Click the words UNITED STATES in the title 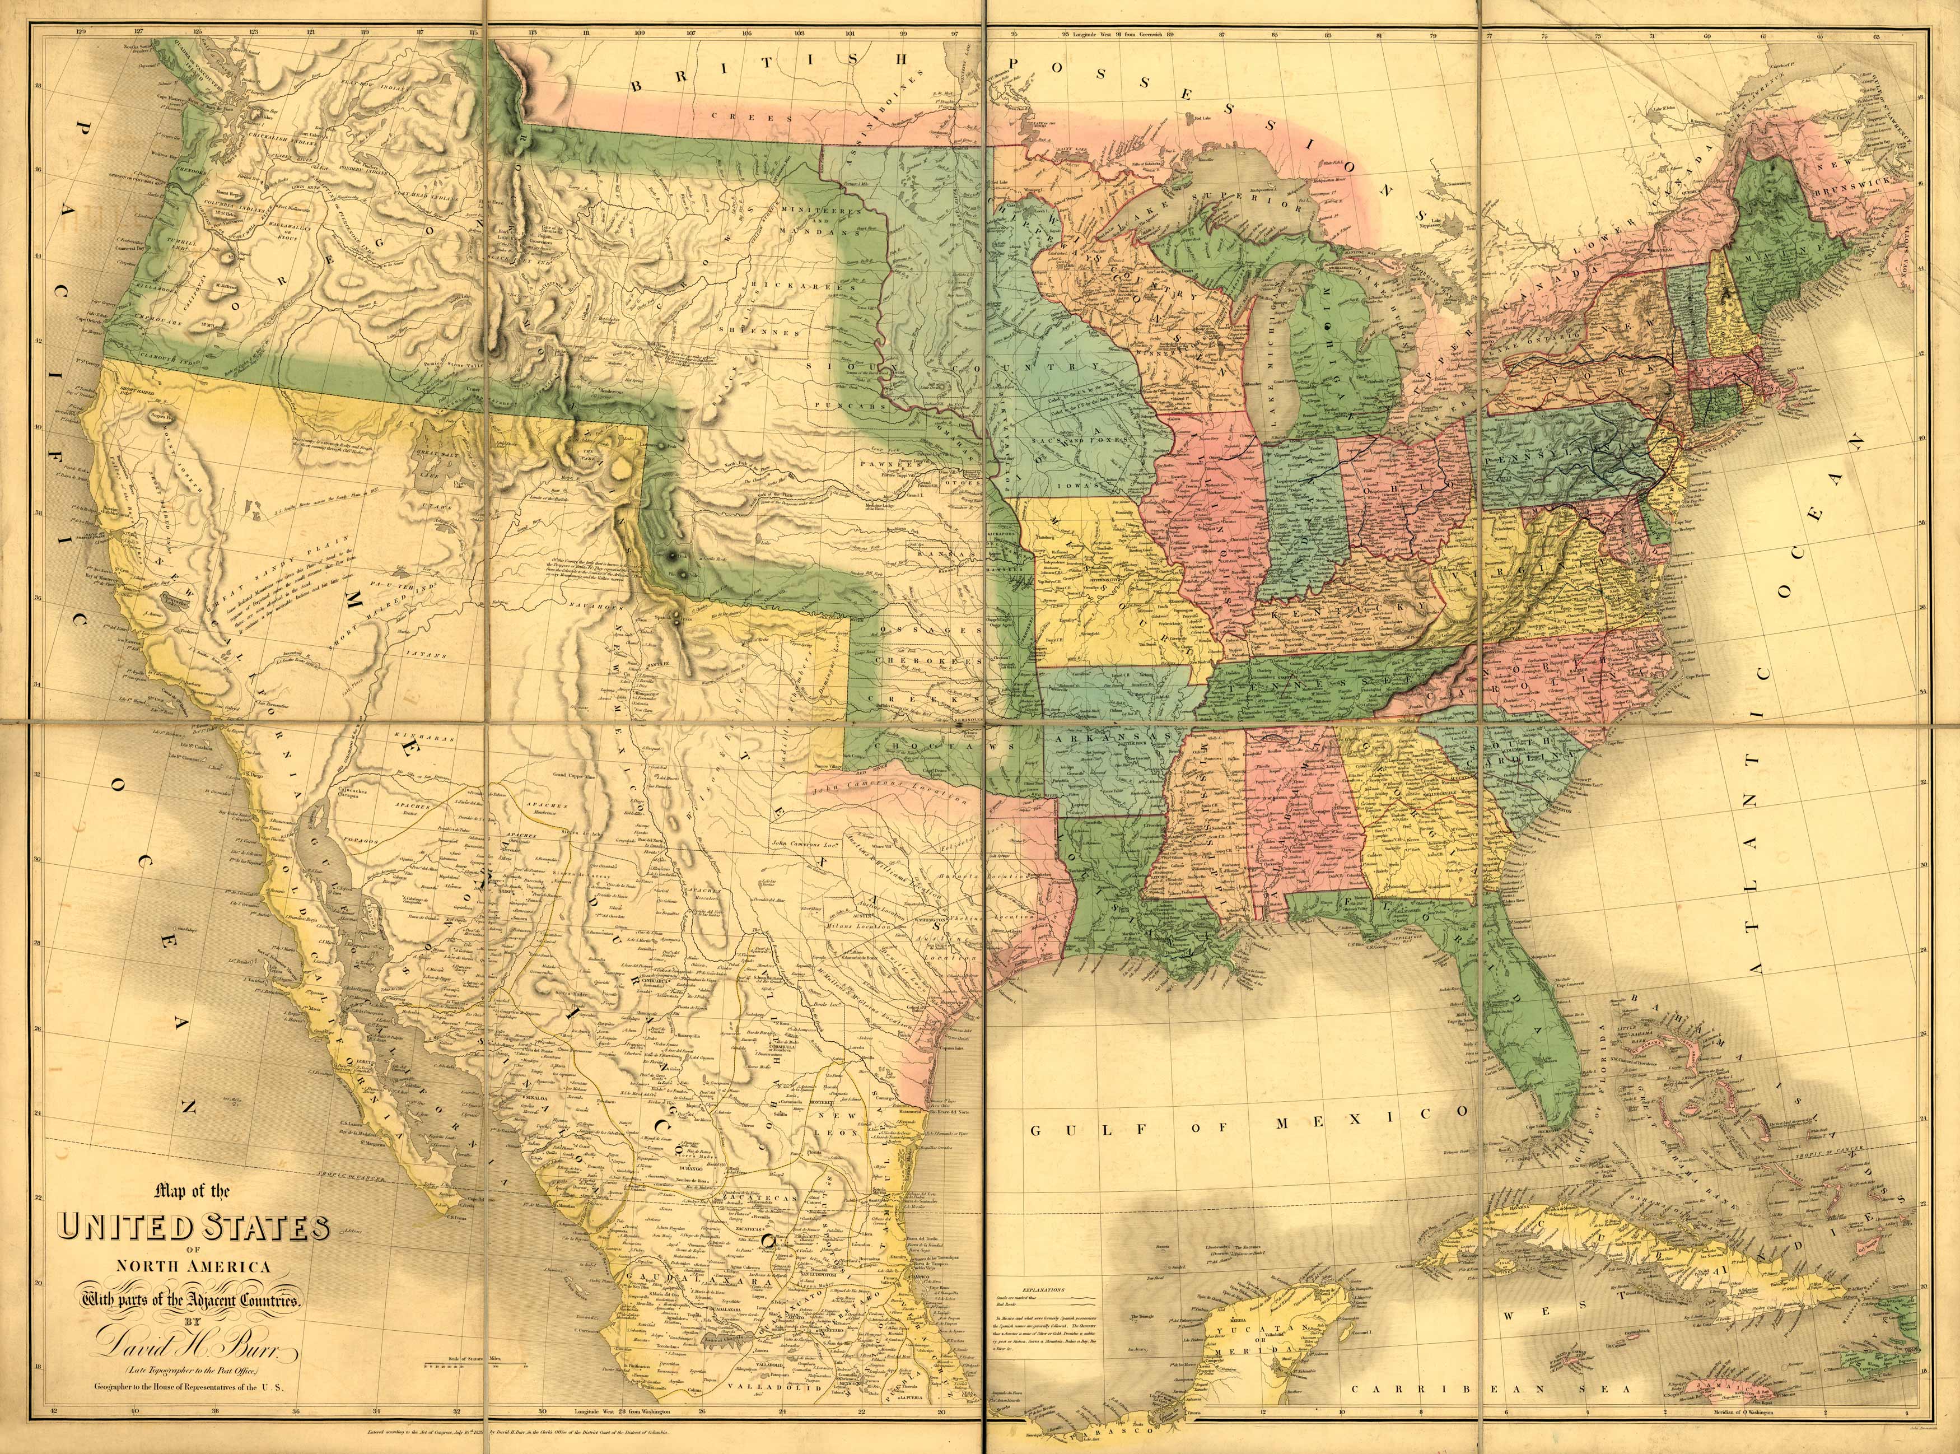[194, 1228]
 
